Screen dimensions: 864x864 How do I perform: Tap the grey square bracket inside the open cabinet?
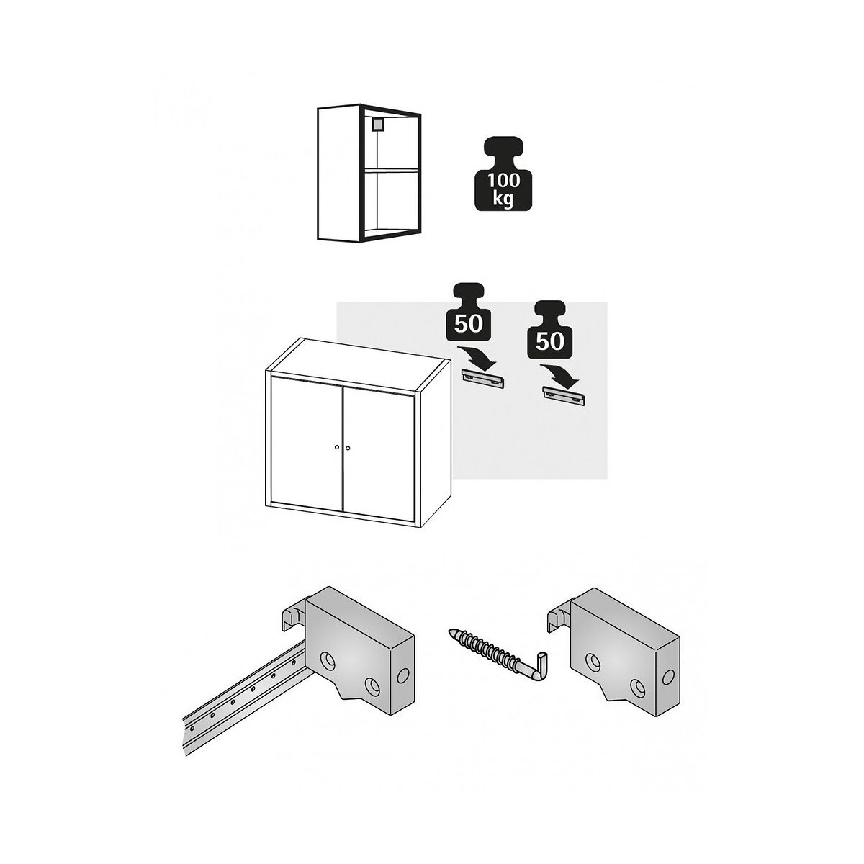[377, 124]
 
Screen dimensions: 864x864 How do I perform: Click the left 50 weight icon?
[469, 314]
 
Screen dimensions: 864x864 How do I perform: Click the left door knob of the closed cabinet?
[336, 447]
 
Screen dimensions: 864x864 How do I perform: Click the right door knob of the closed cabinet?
[348, 447]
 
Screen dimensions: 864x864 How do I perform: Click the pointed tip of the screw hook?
[450, 631]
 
